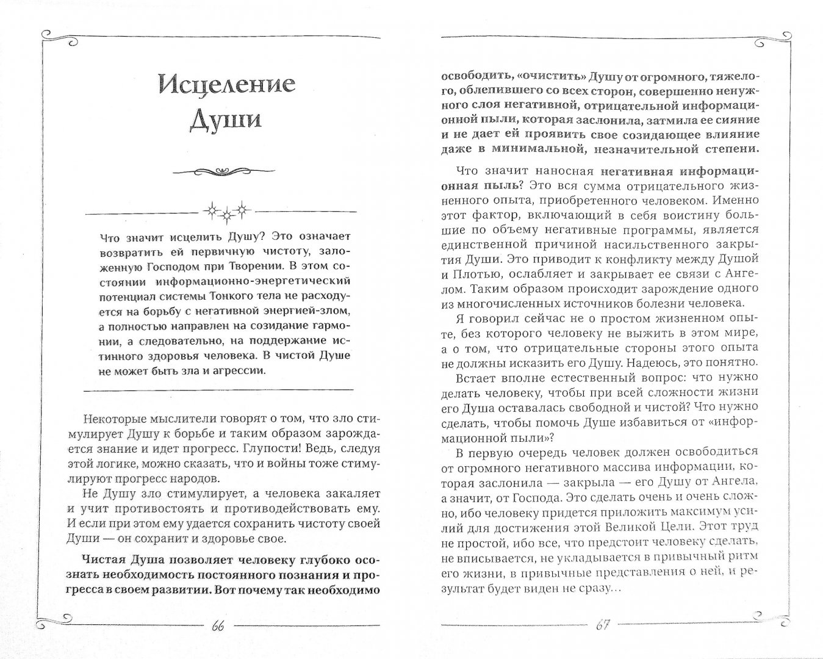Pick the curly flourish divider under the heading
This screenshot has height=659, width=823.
[x=225, y=170]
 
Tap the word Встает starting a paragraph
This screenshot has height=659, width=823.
[x=476, y=378]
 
